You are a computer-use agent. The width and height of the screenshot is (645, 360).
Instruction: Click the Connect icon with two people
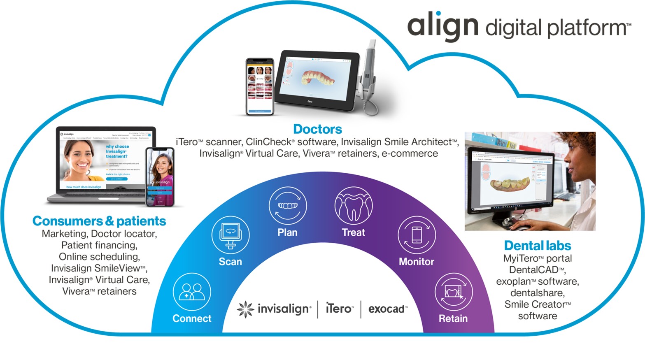pyautogui.click(x=192, y=292)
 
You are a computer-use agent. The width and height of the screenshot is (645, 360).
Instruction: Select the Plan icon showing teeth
pyautogui.click(x=287, y=206)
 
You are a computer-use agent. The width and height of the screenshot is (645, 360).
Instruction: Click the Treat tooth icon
pyautogui.click(x=354, y=206)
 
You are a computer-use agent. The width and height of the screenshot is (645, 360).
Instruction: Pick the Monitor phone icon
pyautogui.click(x=417, y=235)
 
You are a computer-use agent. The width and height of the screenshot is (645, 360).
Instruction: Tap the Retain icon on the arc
pyautogui.click(x=453, y=292)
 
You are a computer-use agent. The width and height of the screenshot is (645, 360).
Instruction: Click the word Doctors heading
pyautogui.click(x=317, y=129)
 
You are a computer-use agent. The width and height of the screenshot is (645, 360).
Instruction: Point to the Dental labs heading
pyautogui.click(x=537, y=246)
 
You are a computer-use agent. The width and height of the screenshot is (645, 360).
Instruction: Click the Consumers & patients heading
pyautogui.click(x=99, y=221)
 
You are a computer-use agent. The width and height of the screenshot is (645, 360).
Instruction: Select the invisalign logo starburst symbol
pyautogui.click(x=245, y=309)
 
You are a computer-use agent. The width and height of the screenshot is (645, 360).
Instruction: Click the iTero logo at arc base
pyautogui.click(x=339, y=309)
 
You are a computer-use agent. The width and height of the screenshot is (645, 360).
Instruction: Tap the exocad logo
pyautogui.click(x=387, y=309)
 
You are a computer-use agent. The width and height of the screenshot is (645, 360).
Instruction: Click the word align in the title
pyautogui.click(x=442, y=26)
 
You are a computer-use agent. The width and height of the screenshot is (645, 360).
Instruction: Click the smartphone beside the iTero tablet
pyautogui.click(x=259, y=86)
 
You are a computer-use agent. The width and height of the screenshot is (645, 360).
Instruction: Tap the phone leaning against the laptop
pyautogui.click(x=160, y=177)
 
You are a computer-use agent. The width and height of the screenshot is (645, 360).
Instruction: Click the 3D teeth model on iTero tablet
pyautogui.click(x=318, y=78)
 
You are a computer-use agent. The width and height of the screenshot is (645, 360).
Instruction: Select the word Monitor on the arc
pyautogui.click(x=416, y=262)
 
